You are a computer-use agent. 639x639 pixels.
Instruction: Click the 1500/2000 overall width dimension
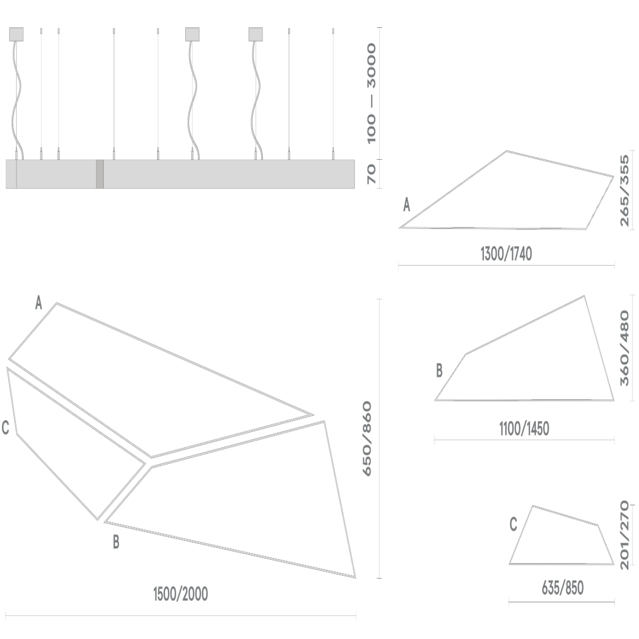[180, 594]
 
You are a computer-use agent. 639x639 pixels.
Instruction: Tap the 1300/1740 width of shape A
[506, 255]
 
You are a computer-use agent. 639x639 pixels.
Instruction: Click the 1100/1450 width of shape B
[524, 428]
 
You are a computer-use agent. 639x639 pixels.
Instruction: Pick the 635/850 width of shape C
[562, 588]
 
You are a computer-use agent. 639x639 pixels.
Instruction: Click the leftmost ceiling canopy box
[17, 34]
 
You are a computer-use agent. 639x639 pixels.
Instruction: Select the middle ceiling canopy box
[192, 34]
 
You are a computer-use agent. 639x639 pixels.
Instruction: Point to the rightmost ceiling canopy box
[256, 34]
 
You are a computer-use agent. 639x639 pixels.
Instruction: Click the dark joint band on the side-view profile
[100, 174]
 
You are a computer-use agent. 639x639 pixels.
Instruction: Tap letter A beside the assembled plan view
[38, 304]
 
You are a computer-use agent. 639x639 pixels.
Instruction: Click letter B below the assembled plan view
[116, 543]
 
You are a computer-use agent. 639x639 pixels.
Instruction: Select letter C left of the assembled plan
[5, 428]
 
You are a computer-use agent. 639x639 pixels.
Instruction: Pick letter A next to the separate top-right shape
[407, 205]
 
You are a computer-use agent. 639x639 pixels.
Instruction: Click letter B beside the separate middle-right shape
[439, 371]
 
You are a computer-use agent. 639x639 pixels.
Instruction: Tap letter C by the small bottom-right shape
[513, 525]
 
